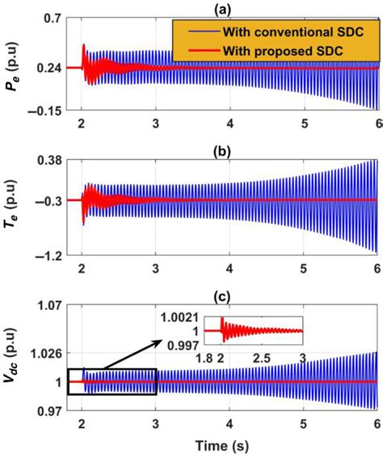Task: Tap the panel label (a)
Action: click(x=220, y=9)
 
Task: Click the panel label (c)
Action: click(x=220, y=295)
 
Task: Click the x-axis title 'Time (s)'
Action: click(x=220, y=446)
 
